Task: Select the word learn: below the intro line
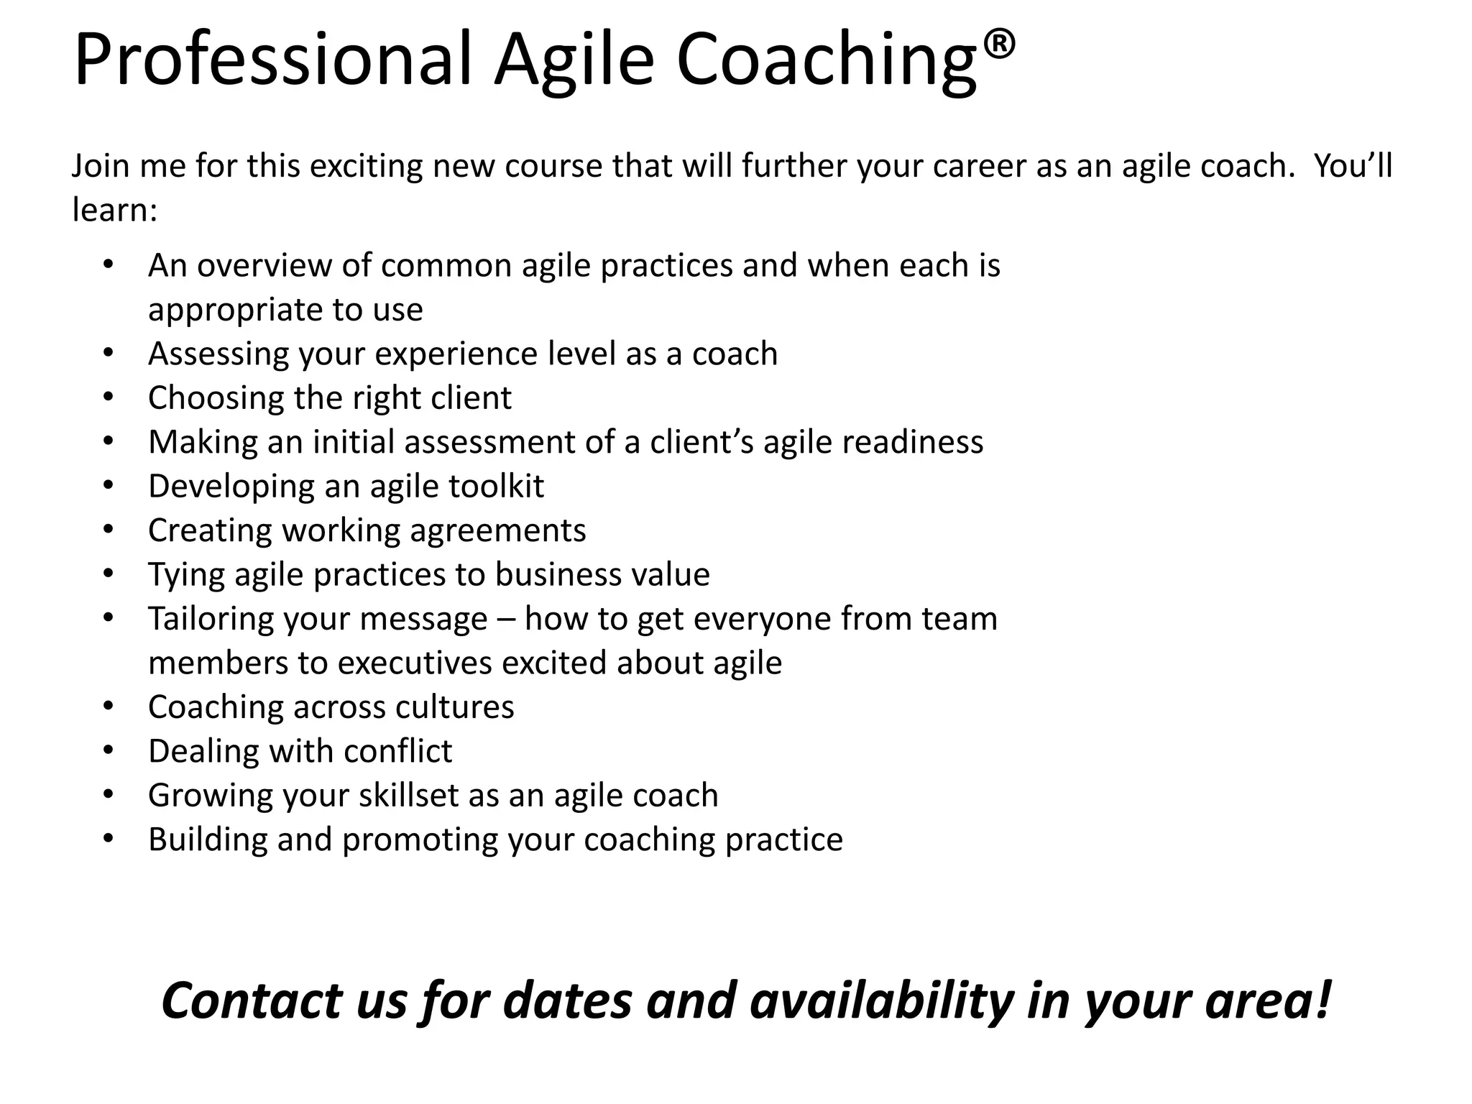114,211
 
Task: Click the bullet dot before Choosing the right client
109,397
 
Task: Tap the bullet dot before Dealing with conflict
109,750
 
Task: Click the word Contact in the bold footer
252,1000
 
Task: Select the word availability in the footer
881,1000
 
